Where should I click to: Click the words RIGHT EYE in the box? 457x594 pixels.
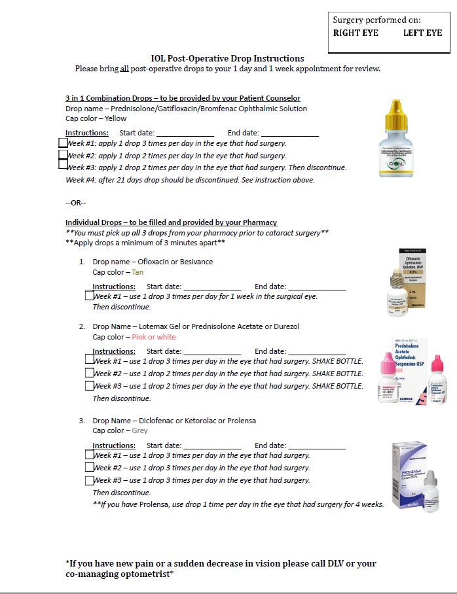[x=356, y=33]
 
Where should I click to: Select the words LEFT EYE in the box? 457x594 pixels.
[x=423, y=33]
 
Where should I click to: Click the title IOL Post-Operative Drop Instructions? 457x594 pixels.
[x=228, y=58]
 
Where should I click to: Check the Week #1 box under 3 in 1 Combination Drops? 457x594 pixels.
[x=63, y=143]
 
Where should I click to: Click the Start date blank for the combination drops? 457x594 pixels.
[x=185, y=133]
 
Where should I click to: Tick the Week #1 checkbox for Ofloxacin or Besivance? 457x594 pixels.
[x=90, y=296]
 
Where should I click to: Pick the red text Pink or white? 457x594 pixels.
[x=154, y=337]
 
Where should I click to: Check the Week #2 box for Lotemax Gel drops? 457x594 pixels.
[x=90, y=373]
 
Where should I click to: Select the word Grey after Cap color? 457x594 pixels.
[x=139, y=430]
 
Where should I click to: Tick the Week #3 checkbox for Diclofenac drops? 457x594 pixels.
[x=90, y=480]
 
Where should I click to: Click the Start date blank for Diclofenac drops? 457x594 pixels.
[x=212, y=445]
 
